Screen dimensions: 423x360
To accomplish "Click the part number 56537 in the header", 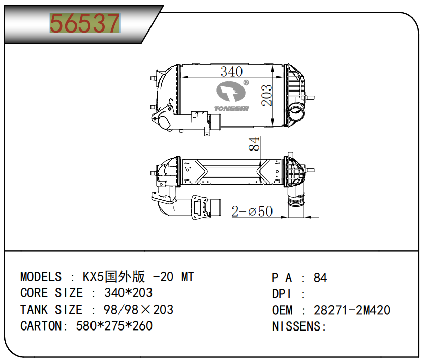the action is (85, 23).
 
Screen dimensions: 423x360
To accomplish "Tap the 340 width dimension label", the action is (231, 72).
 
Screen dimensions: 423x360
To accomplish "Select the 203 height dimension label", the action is (267, 95).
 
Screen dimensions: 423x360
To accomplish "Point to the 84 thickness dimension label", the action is (254, 144).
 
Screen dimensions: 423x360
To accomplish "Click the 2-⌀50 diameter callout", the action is (252, 211).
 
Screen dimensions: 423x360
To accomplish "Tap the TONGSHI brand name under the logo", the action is (231, 109).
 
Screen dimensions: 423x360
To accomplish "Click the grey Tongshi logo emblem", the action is (231, 91).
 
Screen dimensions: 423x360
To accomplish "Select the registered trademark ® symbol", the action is (246, 83).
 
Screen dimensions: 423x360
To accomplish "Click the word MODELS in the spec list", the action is (41, 277).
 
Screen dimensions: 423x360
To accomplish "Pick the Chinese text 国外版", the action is (125, 276).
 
